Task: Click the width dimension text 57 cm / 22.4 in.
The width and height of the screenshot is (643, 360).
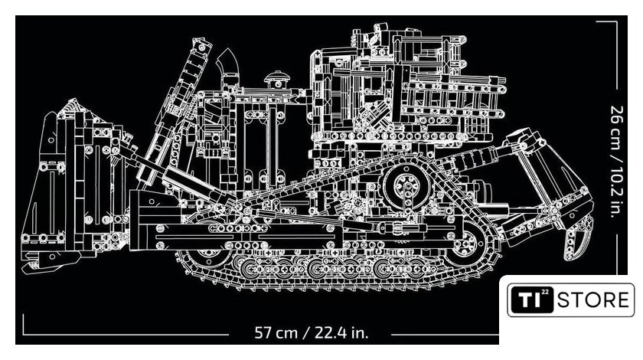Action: [312, 332]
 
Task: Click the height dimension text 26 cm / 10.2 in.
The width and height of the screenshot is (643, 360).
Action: [617, 162]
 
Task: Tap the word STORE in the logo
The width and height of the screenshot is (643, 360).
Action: [593, 300]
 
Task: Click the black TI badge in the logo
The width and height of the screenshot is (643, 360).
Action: [532, 299]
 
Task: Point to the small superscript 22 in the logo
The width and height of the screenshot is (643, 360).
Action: [545, 293]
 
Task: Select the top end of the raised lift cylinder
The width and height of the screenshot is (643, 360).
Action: [201, 45]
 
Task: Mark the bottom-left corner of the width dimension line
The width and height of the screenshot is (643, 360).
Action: [24, 334]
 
